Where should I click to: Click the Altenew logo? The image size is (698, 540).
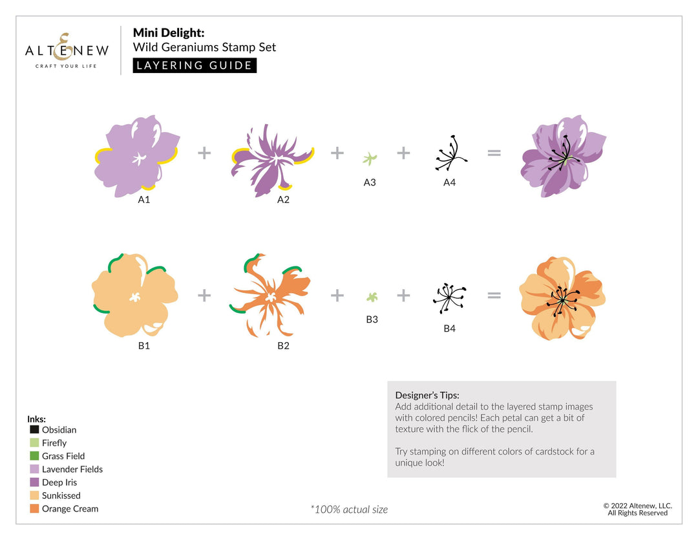[67, 50]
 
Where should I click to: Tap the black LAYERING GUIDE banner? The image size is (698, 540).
[195, 65]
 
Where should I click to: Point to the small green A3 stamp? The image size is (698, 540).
[370, 158]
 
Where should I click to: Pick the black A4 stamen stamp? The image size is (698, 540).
[450, 156]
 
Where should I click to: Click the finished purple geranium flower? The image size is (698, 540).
[562, 157]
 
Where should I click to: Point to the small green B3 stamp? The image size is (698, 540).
[372, 297]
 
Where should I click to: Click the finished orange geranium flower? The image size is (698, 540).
[562, 298]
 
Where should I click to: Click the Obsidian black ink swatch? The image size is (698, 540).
[34, 430]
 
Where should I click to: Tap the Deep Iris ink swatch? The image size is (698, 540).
[34, 482]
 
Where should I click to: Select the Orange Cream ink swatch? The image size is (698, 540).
[34, 509]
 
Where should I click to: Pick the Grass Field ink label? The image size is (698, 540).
[63, 456]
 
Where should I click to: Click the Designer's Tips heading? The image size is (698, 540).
[427, 395]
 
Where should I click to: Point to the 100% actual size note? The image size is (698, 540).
[349, 510]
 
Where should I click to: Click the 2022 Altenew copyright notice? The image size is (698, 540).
[637, 509]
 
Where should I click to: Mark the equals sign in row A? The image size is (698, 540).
[494, 153]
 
